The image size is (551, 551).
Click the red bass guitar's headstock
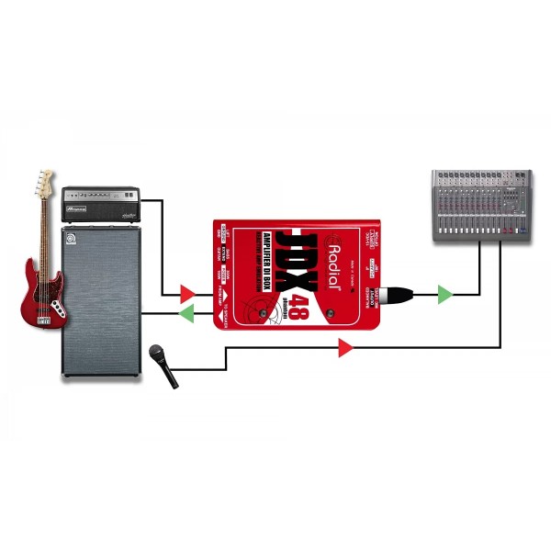click(44, 181)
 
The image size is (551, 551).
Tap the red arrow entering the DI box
click(187, 294)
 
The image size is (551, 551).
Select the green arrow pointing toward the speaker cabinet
click(186, 314)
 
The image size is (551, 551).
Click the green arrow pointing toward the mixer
click(444, 295)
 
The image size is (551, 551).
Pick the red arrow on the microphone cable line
click(344, 347)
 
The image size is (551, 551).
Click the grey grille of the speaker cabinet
click(101, 303)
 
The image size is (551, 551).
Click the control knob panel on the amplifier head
click(101, 195)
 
